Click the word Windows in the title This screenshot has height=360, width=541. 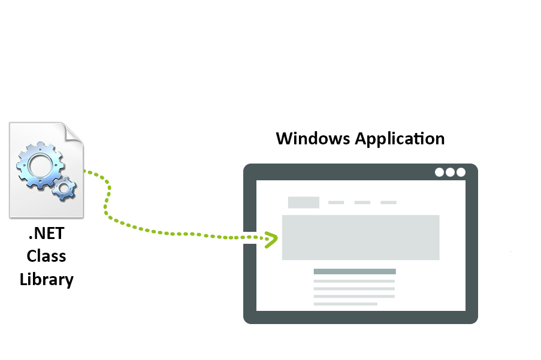click(313, 138)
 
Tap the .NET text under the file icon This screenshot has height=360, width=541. click(46, 234)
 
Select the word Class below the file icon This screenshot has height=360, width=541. click(46, 256)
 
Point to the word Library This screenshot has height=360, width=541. click(46, 279)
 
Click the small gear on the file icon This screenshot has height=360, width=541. click(64, 188)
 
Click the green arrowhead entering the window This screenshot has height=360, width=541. click(271, 238)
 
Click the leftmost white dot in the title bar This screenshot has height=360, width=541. click(439, 172)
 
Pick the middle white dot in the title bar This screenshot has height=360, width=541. click(450, 172)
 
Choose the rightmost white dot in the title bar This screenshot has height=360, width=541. click(461, 172)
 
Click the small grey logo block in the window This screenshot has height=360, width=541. click(304, 202)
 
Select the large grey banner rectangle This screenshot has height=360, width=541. click(361, 237)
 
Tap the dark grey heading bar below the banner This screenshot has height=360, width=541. click(355, 272)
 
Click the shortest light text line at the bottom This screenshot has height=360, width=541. click(345, 304)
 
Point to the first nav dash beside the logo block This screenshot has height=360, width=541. click(336, 202)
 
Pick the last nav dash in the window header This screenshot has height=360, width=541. click(388, 202)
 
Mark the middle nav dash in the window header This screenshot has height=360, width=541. click(362, 202)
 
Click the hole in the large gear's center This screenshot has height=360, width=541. click(40, 165)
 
